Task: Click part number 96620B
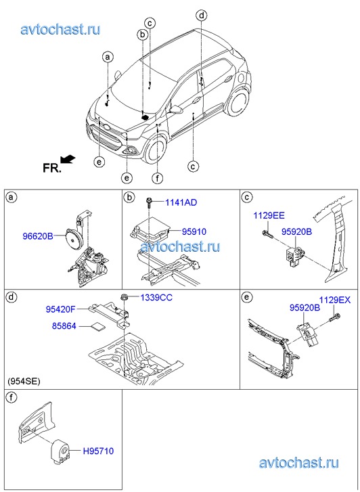38,236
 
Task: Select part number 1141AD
181,202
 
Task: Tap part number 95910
194,231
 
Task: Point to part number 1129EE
269,216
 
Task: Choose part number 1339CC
156,298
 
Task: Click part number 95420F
61,310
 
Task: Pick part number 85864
64,326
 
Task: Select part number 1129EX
335,300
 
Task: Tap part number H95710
98,451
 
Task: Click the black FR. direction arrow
68,159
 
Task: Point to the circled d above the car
201,15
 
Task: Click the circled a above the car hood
108,57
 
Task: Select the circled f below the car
157,178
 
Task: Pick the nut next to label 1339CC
124,297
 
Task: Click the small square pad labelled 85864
98,327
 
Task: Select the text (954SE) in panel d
24,382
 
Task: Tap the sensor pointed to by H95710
60,451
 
